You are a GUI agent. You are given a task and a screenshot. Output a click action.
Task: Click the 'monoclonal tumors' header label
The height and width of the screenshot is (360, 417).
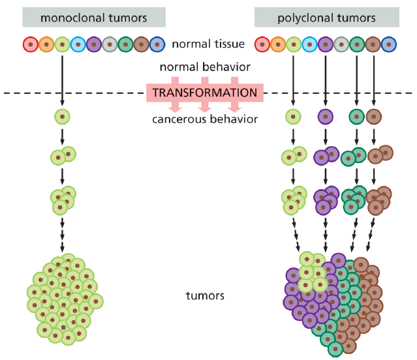(x=93, y=18)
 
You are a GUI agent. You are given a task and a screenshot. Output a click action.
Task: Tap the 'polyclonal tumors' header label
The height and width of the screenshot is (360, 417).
(x=326, y=18)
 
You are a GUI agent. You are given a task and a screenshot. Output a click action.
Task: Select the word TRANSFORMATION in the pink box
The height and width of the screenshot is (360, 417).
(x=205, y=93)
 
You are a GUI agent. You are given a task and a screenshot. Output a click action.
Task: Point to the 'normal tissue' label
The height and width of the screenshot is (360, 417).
(x=208, y=44)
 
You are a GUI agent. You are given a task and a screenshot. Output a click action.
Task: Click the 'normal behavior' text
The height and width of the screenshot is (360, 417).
(x=205, y=67)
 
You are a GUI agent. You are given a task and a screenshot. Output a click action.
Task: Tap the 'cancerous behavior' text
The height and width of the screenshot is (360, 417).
(x=205, y=119)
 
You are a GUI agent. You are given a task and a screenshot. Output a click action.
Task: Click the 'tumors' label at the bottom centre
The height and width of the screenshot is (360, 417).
(x=205, y=295)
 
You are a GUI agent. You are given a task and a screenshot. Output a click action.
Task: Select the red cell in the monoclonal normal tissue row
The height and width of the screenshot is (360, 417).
(x=31, y=44)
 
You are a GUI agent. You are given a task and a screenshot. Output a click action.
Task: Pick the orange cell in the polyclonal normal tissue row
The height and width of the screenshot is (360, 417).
(x=278, y=44)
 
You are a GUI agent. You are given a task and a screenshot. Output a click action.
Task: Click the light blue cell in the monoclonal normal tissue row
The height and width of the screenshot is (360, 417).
(x=78, y=44)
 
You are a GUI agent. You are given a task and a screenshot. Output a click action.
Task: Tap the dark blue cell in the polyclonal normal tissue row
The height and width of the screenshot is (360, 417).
(x=389, y=44)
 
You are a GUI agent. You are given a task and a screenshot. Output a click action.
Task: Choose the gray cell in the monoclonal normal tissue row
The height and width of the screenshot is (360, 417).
(x=110, y=44)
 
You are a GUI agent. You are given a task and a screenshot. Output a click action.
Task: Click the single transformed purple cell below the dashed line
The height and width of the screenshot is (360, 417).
(x=326, y=117)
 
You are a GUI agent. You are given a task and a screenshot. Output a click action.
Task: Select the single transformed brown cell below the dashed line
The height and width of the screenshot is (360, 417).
(x=374, y=117)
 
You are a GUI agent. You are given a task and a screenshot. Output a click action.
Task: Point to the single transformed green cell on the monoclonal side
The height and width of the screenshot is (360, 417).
(x=62, y=117)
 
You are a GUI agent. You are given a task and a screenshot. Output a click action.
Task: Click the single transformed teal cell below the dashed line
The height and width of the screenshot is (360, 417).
(x=356, y=117)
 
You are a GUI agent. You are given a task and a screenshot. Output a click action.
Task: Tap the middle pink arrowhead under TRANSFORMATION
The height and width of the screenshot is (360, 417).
(x=204, y=109)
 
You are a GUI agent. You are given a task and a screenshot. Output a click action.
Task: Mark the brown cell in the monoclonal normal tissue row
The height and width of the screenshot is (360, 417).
(x=141, y=44)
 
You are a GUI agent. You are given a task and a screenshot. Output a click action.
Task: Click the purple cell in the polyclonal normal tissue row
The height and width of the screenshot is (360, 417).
(x=326, y=44)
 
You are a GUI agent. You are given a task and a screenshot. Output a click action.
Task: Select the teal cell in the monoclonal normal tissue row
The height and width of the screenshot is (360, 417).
(x=125, y=44)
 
